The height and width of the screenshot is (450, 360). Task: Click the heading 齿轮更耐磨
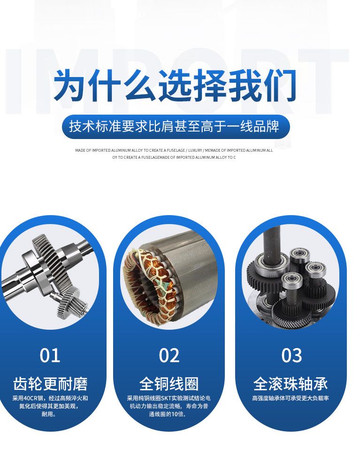coord(50,384)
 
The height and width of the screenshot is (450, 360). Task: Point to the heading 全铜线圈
coord(169,384)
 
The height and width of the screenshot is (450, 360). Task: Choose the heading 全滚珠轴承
coord(291,384)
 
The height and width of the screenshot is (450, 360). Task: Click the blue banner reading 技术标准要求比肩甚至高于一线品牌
coord(176,127)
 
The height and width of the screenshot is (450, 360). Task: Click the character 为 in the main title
coord(70,85)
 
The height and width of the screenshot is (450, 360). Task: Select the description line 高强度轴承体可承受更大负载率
coord(291,398)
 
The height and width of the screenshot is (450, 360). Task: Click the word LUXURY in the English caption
coord(195,150)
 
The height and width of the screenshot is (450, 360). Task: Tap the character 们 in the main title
coord(280,85)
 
